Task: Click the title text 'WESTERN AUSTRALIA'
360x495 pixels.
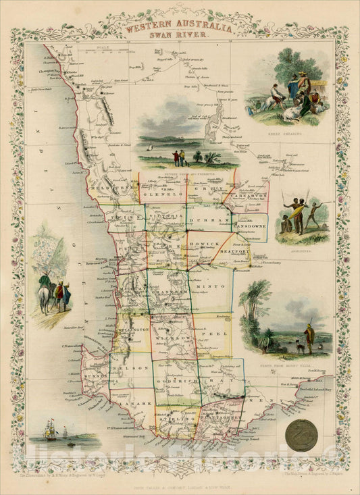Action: (x=180, y=30)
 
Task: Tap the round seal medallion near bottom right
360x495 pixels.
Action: (x=303, y=432)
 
